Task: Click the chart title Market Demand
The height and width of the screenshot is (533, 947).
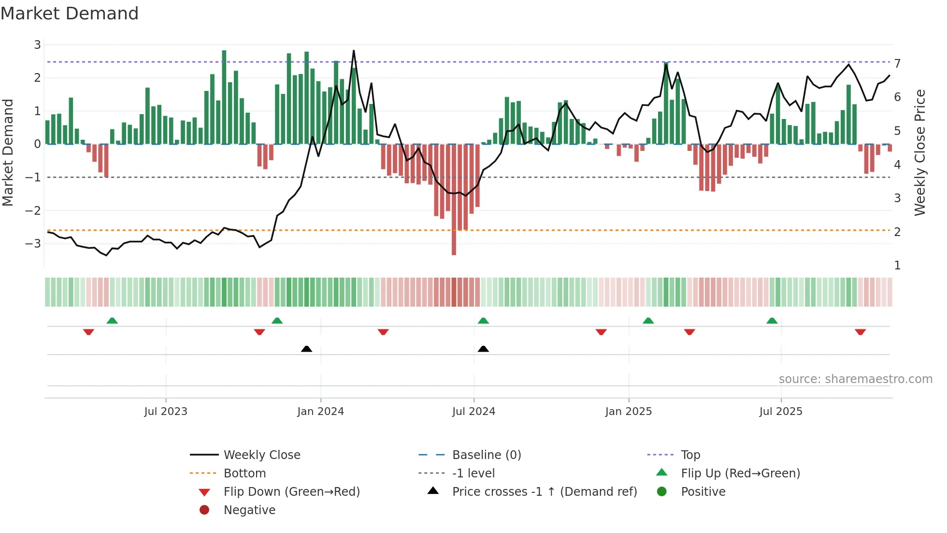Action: (70, 14)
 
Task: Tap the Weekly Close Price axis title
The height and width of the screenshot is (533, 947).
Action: (920, 152)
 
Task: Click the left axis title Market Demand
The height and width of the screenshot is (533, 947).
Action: (8, 152)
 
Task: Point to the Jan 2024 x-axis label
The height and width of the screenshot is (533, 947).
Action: (320, 412)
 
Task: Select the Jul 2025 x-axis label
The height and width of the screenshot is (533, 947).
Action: (780, 412)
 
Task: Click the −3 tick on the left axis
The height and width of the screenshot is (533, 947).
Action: (33, 243)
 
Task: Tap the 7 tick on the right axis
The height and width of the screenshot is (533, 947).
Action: (897, 64)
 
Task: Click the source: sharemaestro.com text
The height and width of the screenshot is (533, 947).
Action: (855, 379)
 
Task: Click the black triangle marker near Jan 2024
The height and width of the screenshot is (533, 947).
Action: (306, 349)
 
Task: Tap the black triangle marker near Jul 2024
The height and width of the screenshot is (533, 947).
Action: (483, 349)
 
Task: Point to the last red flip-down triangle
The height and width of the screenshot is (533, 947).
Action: (860, 332)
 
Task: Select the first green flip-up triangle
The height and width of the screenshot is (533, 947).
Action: (112, 321)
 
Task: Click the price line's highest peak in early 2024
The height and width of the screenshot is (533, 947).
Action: (354, 51)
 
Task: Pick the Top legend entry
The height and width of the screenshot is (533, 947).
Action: (690, 455)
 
